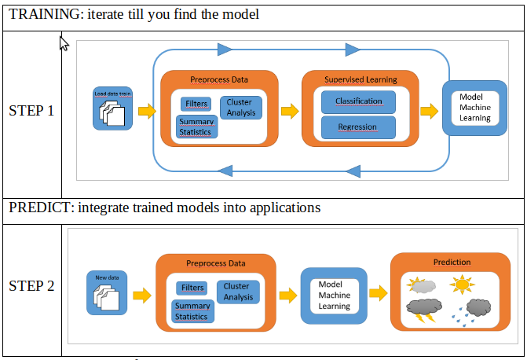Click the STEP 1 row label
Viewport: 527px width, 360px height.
[31, 111]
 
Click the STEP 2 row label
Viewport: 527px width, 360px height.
[31, 286]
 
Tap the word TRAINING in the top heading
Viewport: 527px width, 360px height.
[39, 14]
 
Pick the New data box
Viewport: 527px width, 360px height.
[106, 292]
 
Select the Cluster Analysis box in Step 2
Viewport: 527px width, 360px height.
[238, 292]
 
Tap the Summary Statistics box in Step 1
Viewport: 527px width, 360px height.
[196, 127]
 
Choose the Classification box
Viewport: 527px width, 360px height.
[358, 101]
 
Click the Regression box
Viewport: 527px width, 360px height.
[357, 127]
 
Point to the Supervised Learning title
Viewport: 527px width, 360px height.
[360, 79]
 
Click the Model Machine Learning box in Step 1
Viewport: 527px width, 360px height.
[474, 108]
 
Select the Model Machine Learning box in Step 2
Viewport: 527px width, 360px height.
[334, 295]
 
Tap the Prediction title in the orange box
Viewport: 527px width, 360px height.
[452, 263]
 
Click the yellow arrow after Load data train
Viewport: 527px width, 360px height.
[147, 112]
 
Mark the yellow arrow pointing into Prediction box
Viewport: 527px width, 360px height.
[379, 294]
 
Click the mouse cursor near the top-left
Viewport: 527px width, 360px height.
[64, 43]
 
